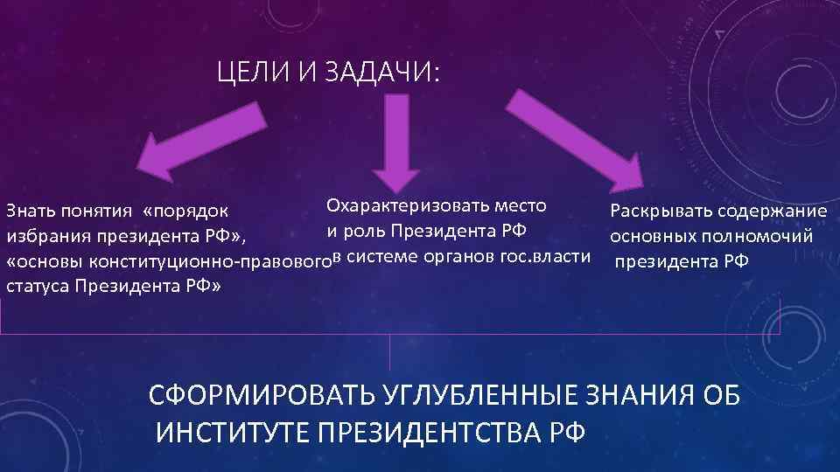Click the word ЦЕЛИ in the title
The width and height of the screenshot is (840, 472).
(x=252, y=74)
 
